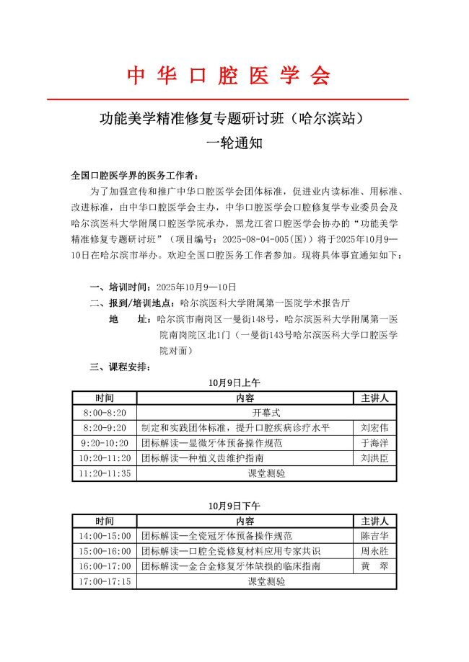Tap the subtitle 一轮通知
(234, 143)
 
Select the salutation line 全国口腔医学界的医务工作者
(133, 175)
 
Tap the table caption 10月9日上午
(234, 383)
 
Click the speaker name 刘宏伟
(374, 428)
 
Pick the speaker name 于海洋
(374, 443)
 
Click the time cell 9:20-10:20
(105, 443)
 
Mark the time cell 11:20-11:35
(105, 473)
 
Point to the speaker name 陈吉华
(374, 536)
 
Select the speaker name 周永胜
(374, 551)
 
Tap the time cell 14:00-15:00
(105, 536)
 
